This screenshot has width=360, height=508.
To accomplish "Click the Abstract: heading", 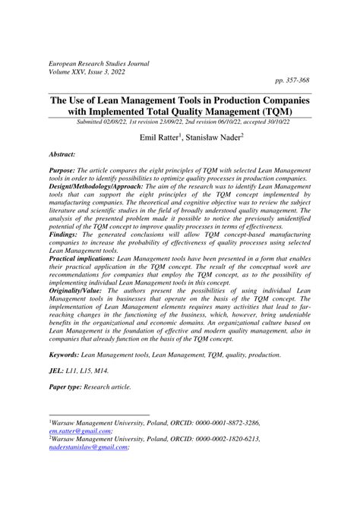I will pyautogui.click(x=60, y=153).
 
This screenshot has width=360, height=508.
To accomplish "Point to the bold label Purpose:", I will pyautogui.click(x=65, y=173).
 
